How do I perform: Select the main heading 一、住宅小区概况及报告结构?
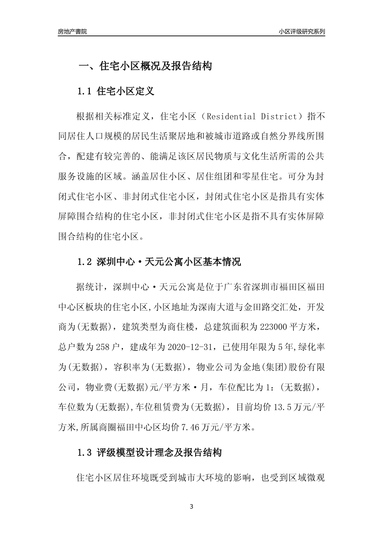[145, 66]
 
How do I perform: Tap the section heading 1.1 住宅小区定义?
[115, 91]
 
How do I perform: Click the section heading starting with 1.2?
[159, 262]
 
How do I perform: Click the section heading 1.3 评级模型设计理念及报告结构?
[149, 453]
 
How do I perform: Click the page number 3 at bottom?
[191, 507]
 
